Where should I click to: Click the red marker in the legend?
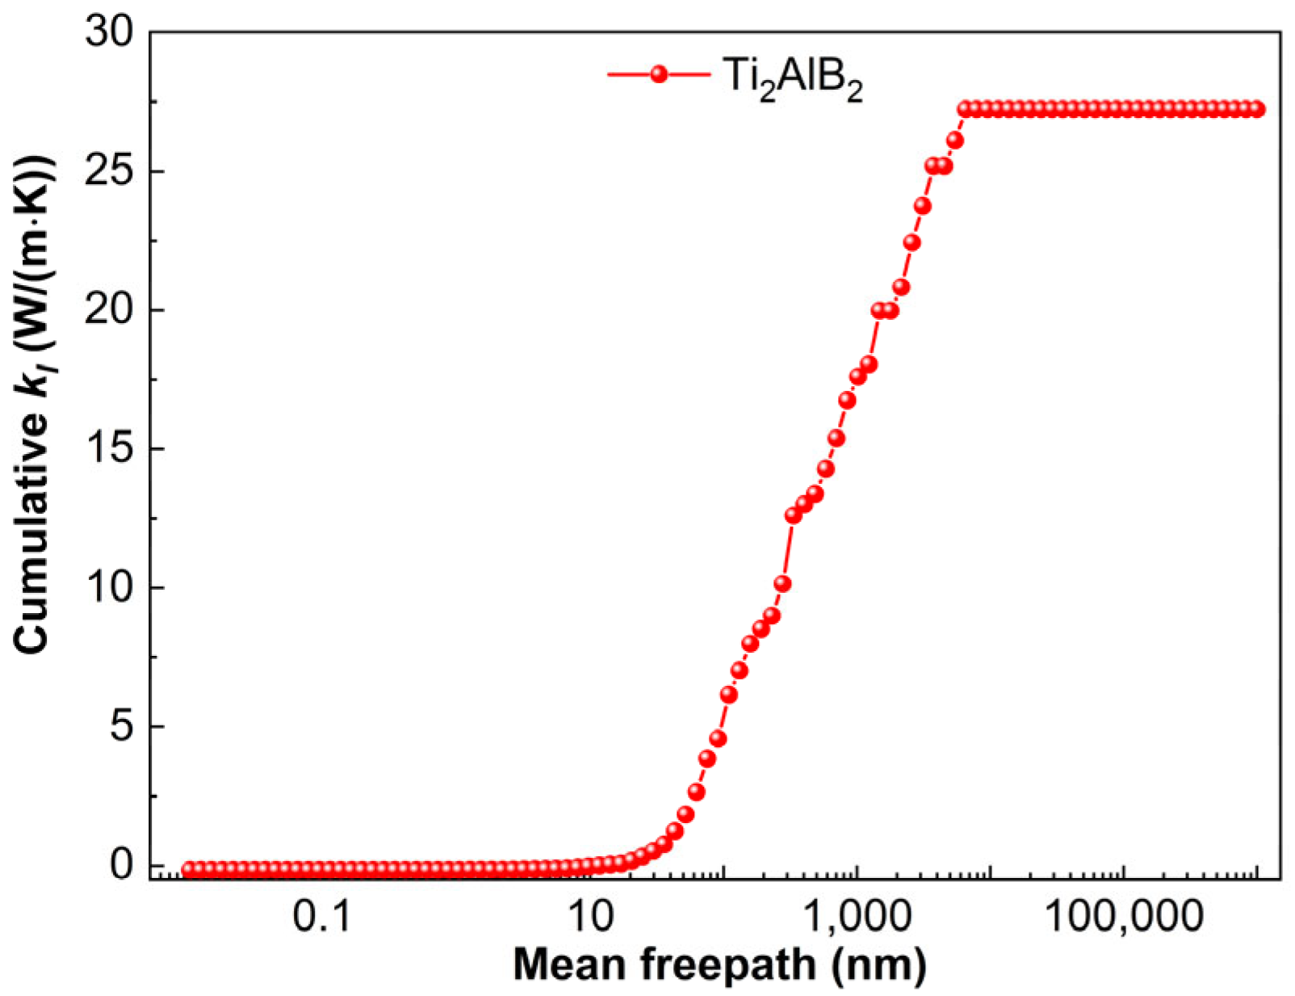(x=659, y=74)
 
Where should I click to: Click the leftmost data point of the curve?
(x=188, y=870)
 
